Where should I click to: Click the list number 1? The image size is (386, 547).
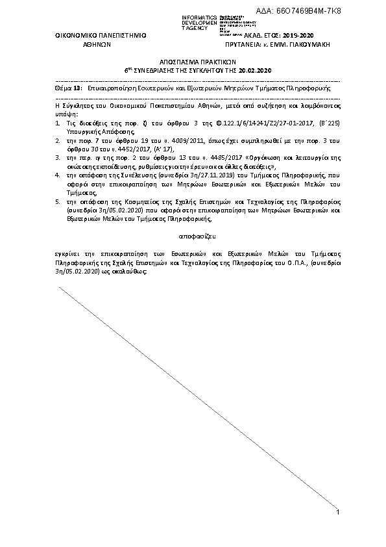click(x=57, y=121)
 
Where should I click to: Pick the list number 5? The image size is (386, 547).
click(x=57, y=202)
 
